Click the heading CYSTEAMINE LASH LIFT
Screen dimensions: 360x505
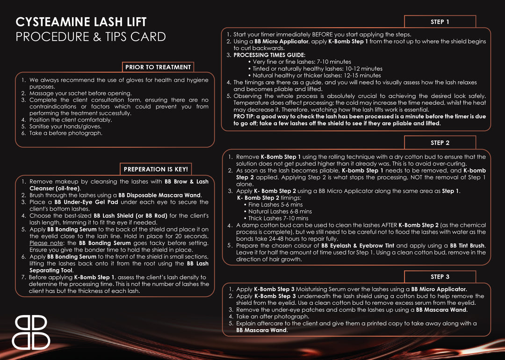pos(81,22)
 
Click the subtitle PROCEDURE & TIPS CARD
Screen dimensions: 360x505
pos(90,37)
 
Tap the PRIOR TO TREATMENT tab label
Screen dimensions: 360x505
pos(158,67)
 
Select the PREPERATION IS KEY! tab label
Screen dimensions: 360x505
pos(156,169)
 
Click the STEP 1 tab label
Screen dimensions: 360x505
pos(440,22)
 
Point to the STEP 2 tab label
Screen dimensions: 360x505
pos(440,143)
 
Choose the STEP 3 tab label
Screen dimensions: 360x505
pos(440,277)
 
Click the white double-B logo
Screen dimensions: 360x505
pos(31,332)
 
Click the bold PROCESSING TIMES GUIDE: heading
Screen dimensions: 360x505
pos(269,55)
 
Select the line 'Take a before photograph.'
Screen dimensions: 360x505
pos(65,133)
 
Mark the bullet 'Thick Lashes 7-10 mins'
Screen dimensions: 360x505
pos(278,218)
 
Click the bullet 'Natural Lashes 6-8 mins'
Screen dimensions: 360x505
pos(280,211)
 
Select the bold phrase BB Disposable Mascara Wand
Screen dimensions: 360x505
pos(159,195)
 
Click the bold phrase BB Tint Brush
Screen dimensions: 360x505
pos(464,245)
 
